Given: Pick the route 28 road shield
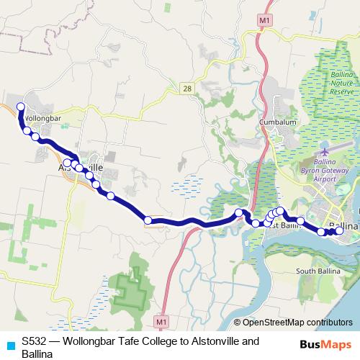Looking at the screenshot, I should tap(187, 89).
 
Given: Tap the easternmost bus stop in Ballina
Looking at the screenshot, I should tap(339, 230).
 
